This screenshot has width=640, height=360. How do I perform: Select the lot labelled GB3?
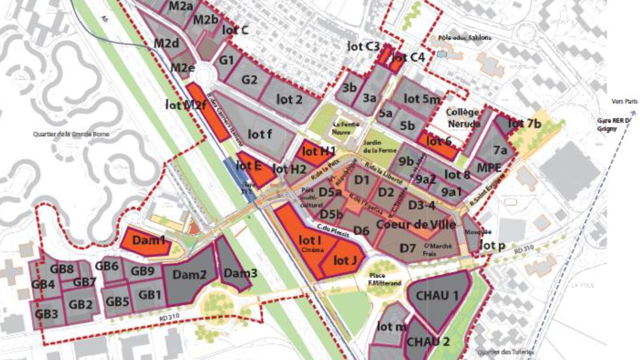[x=46, y=314]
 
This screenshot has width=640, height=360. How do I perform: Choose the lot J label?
[x=345, y=261]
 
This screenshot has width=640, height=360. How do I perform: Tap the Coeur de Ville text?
[x=416, y=225]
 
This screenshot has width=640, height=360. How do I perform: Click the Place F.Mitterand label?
[x=385, y=280]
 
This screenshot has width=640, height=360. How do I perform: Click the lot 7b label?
[x=524, y=124]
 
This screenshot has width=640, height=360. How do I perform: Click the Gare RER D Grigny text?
[x=614, y=125]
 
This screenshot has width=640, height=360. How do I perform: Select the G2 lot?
[x=249, y=80]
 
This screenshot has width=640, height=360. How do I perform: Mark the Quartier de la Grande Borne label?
[x=71, y=134]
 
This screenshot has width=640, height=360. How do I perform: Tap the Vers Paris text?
[x=624, y=101]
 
